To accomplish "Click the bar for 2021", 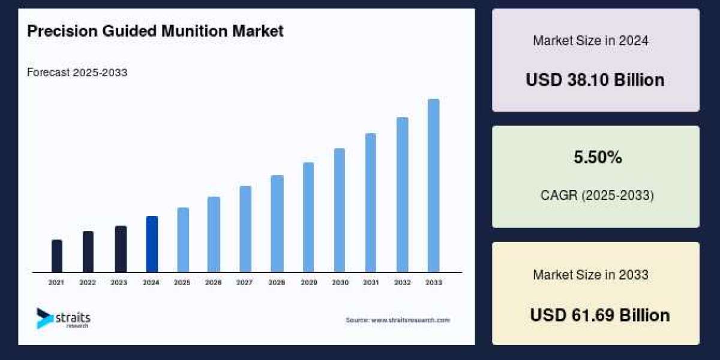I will [57, 256].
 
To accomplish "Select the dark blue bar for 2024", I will [152, 244].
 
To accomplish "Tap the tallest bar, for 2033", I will [433, 186].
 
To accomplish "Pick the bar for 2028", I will [277, 224].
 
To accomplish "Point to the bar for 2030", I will [340, 210].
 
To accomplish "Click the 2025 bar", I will [183, 240].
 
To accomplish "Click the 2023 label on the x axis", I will [119, 282].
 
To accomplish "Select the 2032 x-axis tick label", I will [402, 282].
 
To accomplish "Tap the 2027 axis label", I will [244, 282].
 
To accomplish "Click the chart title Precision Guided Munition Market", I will [155, 32].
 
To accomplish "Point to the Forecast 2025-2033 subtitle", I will [77, 73].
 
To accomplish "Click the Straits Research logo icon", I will [44, 318].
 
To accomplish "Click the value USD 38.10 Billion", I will [595, 80].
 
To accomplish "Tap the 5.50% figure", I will [598, 158].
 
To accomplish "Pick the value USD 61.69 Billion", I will [599, 315].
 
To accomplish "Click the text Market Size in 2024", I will [590, 41].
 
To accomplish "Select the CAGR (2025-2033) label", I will [598, 195].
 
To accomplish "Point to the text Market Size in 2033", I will [590, 275].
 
